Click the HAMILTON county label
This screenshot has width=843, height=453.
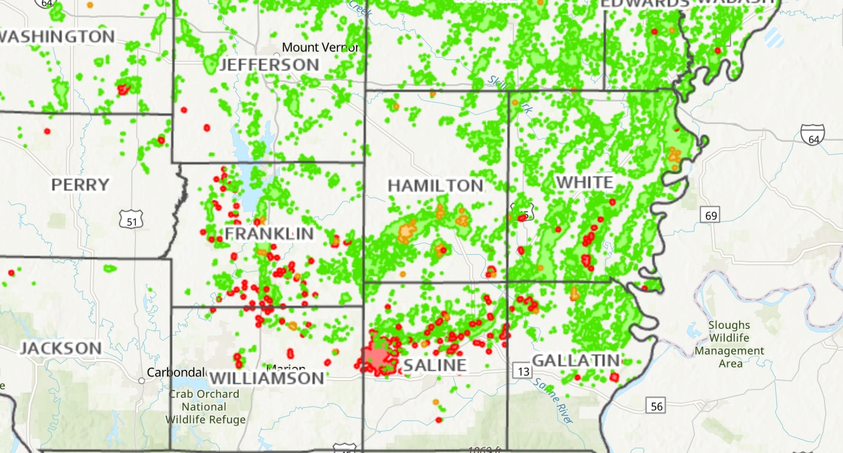[x=435, y=186]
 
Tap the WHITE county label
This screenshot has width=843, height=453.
[x=585, y=182]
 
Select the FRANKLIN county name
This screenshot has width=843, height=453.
[x=269, y=234]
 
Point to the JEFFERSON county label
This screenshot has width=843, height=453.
[x=269, y=65]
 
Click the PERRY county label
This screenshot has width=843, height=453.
[x=80, y=185]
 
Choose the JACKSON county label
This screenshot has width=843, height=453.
[x=61, y=348]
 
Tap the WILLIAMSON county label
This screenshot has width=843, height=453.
[x=267, y=378]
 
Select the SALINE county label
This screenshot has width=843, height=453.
[x=435, y=365]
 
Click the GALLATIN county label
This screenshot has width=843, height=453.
[x=576, y=360]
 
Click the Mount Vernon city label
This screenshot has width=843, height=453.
[x=320, y=47]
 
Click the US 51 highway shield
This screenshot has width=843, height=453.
[x=130, y=221]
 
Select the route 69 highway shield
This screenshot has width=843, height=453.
[x=711, y=215]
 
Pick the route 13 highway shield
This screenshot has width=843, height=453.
[x=523, y=372]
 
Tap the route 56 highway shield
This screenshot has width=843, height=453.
[x=656, y=406]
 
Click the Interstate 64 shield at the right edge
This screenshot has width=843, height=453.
[x=812, y=135]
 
